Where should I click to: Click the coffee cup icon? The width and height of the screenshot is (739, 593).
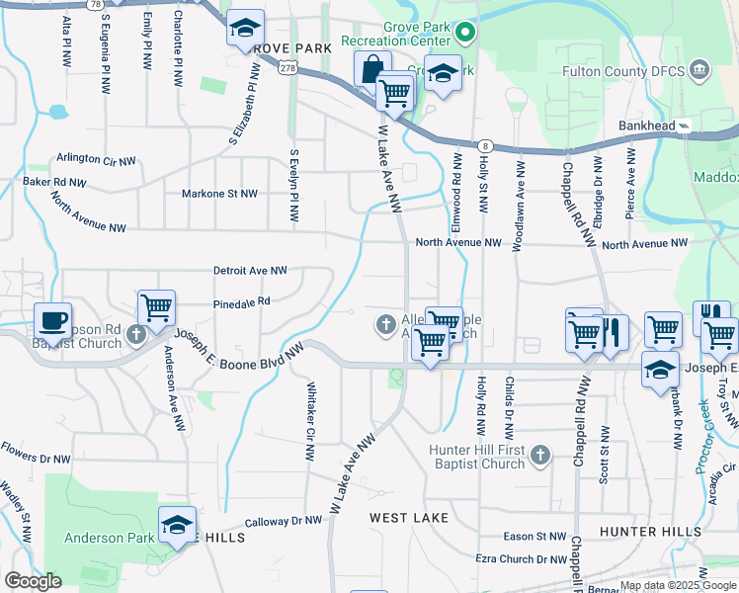tap(52, 321)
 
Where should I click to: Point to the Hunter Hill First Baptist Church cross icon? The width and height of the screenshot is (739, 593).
tap(539, 456)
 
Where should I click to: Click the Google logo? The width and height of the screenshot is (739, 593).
tap(32, 581)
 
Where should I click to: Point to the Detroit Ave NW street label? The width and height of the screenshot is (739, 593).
tap(250, 270)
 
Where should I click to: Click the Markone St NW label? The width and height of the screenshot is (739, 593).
tap(219, 194)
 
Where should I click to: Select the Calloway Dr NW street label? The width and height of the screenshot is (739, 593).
tap(284, 520)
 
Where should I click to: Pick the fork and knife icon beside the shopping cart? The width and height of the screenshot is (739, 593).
tap(614, 333)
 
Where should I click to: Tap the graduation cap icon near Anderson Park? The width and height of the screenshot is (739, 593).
tap(177, 525)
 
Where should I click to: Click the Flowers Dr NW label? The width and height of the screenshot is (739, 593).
tap(36, 459)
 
